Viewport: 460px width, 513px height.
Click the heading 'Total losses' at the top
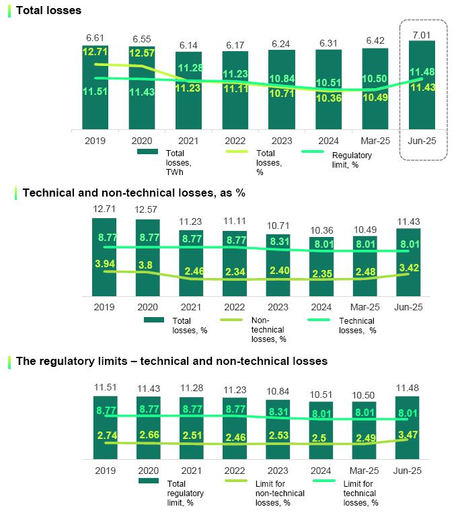coord(48,10)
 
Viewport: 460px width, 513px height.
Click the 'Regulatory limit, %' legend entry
coord(352,159)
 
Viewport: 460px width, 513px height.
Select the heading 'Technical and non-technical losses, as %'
coord(134,193)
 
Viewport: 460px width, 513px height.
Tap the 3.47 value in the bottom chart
coord(408,435)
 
